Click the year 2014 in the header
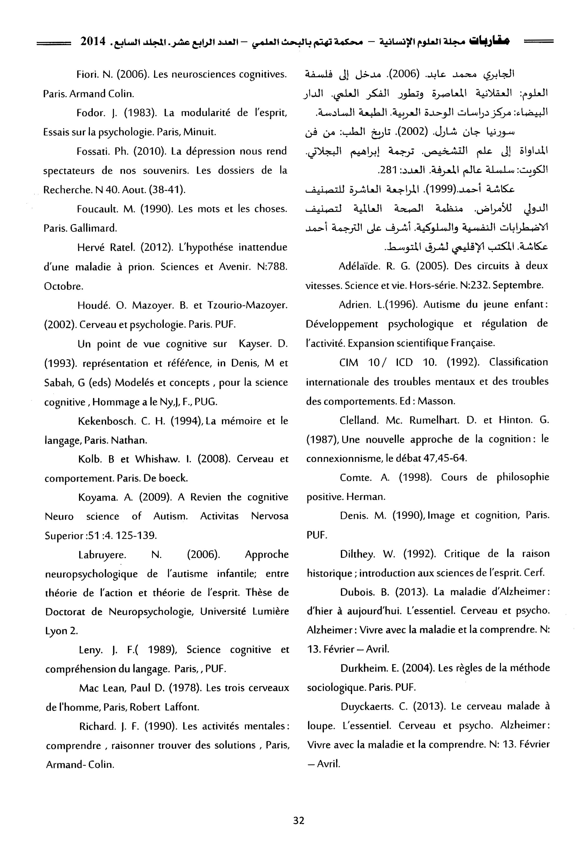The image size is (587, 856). tap(93, 41)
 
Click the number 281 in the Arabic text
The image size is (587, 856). tap(385, 170)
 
